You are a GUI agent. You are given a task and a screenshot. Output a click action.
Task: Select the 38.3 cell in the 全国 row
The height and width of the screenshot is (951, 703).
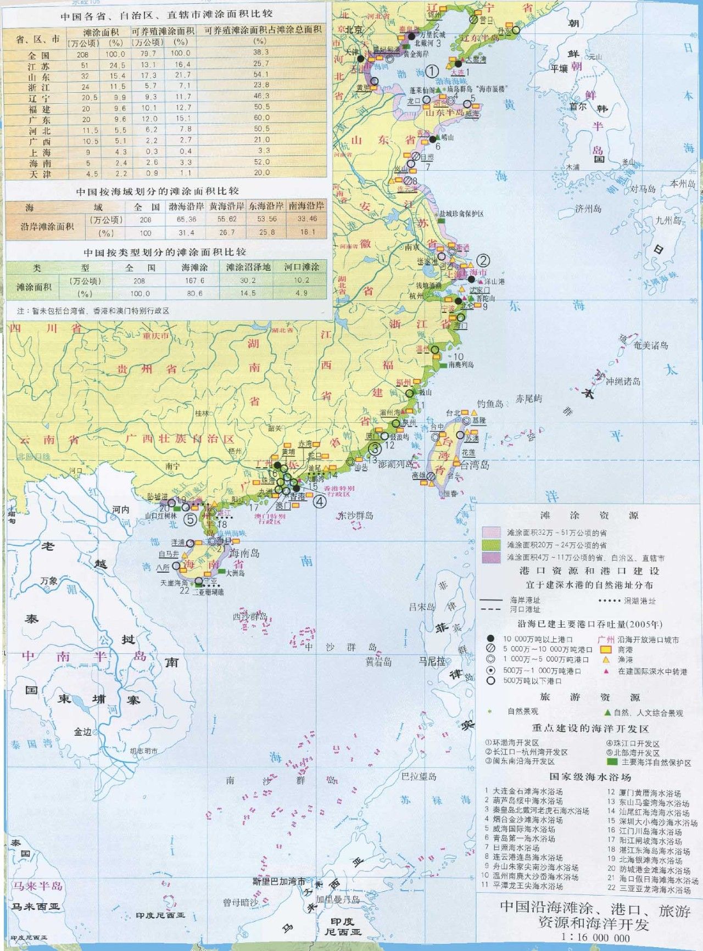[261, 53]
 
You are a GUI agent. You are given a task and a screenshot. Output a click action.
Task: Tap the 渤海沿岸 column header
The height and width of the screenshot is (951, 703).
[187, 206]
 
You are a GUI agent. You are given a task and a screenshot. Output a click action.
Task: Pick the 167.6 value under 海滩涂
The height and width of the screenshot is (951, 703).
[194, 281]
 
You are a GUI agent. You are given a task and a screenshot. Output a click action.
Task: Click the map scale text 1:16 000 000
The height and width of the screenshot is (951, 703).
[595, 937]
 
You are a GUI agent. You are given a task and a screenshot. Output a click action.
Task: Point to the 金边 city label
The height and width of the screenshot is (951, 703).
[83, 731]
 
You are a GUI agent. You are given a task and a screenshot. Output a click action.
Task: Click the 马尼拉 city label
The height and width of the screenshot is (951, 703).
[432, 661]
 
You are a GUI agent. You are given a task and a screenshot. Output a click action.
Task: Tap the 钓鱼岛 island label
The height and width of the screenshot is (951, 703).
[490, 404]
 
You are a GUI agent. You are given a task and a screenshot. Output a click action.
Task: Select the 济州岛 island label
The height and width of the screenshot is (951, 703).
[588, 209]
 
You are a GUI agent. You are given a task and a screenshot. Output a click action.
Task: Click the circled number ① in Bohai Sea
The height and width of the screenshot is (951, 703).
[432, 71]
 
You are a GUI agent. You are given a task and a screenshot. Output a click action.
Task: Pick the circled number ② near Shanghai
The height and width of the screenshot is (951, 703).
[483, 260]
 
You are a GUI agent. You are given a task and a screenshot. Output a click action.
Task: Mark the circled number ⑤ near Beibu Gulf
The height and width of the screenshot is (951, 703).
[190, 519]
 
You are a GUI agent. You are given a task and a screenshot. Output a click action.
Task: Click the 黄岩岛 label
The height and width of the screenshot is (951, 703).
[378, 662]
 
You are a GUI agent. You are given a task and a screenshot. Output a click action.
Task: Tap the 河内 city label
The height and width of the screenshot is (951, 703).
[121, 510]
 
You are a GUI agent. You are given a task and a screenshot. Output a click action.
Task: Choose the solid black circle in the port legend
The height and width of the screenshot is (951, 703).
[491, 639]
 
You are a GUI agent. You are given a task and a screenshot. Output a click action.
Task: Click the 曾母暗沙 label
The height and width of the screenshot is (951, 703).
[241, 902]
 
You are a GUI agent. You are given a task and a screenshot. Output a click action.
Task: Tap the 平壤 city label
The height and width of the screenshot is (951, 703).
[560, 69]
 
